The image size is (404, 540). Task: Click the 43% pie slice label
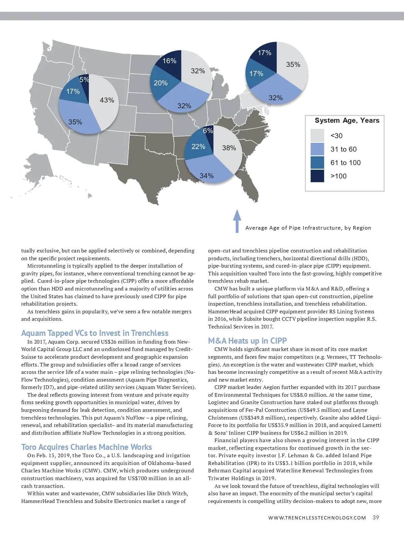[107, 100]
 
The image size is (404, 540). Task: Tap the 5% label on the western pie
[84, 80]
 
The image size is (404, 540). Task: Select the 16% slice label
[169, 61]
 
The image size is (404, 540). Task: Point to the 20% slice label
[161, 83]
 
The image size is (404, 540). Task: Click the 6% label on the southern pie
[208, 131]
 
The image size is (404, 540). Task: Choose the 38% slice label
[229, 148]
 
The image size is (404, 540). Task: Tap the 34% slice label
[206, 176]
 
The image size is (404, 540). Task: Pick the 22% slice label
[198, 147]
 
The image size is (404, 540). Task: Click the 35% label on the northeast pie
[293, 65]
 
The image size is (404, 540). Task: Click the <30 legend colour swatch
[317, 136]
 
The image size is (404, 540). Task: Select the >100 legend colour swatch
[317, 176]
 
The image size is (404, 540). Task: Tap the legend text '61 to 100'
[345, 163]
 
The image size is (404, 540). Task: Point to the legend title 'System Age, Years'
[347, 120]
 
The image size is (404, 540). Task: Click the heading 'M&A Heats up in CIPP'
[247, 341]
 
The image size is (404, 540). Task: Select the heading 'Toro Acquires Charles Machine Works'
[87, 447]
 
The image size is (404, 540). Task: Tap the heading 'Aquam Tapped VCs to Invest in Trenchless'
[95, 333]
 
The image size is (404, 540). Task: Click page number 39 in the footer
[376, 518]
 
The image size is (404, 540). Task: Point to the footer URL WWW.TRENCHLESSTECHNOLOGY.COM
[317, 518]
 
